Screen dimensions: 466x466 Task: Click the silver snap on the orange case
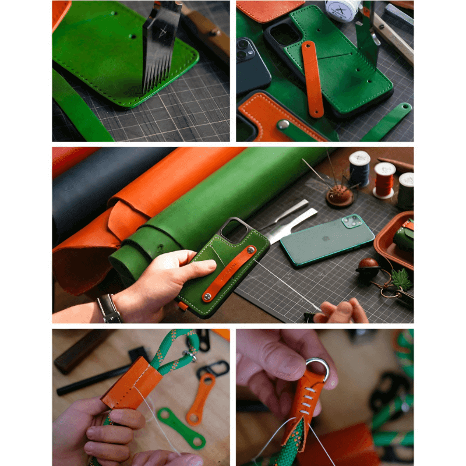(283, 125)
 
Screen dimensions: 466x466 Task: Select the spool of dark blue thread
(359, 168)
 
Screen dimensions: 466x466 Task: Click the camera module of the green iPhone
(352, 221)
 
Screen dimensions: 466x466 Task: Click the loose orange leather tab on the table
(201, 399)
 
